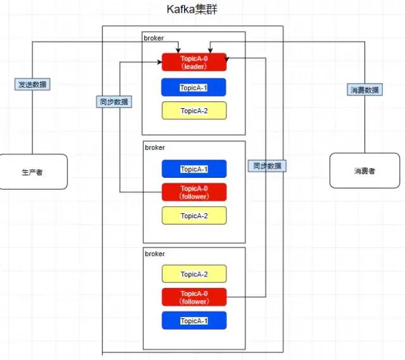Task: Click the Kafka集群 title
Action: pos(192,9)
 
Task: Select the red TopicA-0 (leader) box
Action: pos(194,62)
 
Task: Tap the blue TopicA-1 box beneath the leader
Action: pos(194,87)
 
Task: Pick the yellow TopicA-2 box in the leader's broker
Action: pos(194,111)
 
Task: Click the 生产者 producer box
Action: pos(34,171)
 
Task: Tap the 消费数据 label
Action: pos(365,90)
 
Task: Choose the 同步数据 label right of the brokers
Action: pos(266,166)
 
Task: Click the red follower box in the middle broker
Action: pos(194,192)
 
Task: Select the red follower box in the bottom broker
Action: pos(194,297)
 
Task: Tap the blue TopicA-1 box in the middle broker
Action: pos(194,169)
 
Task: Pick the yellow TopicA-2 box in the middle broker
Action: pos(194,216)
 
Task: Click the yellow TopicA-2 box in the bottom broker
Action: pos(194,274)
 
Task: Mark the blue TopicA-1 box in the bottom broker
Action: pos(194,321)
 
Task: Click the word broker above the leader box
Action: pos(154,38)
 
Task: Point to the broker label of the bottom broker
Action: pos(154,254)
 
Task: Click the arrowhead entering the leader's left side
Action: pos(159,62)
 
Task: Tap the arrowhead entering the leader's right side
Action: pos(228,58)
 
